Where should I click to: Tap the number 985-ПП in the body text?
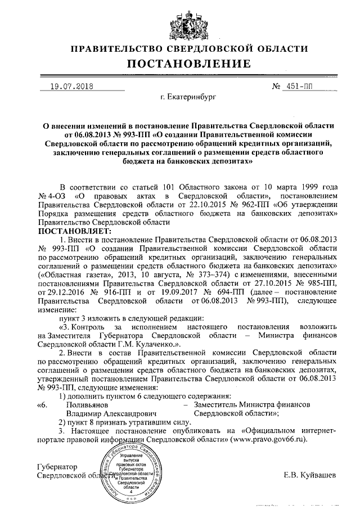[x=320, y=283]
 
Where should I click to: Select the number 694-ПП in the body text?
[x=227, y=292]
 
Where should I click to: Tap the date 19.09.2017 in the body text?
[x=175, y=292]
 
